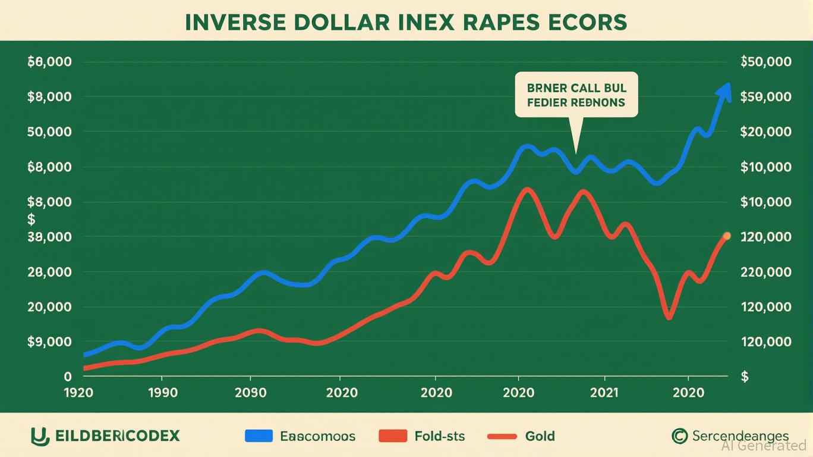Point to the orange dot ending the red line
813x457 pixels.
(x=726, y=236)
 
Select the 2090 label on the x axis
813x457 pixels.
(x=250, y=393)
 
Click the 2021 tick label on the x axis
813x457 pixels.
(x=604, y=393)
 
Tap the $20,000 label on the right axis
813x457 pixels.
(x=767, y=132)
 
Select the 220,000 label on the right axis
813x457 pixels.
(x=767, y=272)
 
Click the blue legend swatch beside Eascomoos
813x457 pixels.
(x=259, y=436)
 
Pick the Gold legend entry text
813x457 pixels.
(x=540, y=436)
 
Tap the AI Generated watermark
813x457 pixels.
(x=764, y=445)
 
